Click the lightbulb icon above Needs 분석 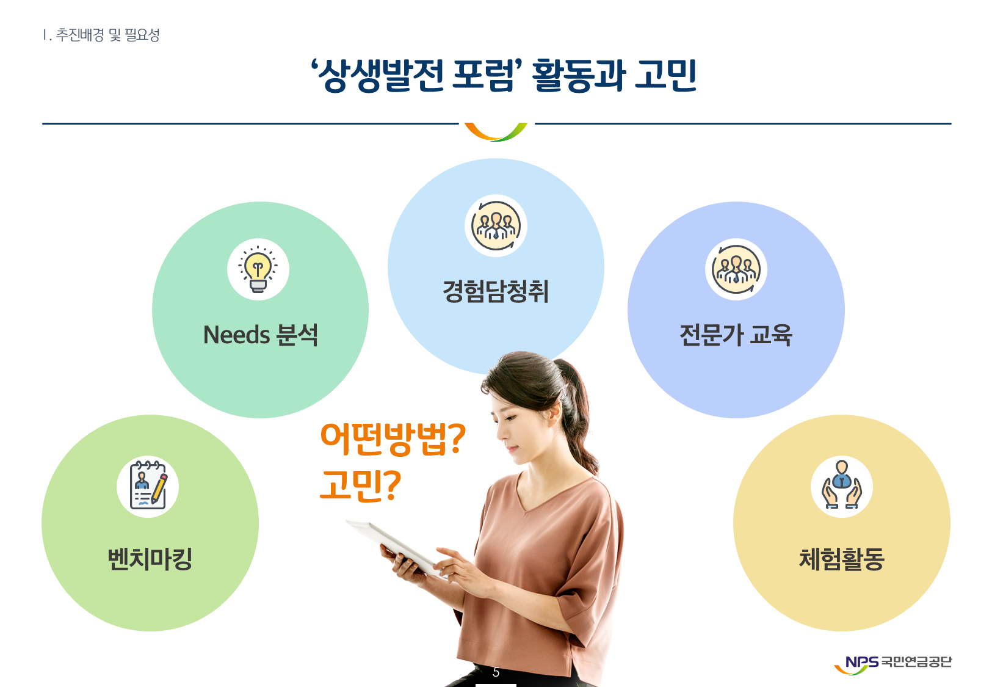258,269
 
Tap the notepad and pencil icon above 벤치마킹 148,485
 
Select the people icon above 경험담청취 496,225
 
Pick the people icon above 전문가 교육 736,269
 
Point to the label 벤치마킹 150,559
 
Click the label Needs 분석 261,335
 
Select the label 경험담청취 496,291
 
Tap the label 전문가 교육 736,335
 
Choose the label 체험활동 841,559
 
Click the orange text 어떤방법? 393,438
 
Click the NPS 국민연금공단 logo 892,664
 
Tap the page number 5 496,672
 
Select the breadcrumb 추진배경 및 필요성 107,35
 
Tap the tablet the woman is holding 396,548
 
